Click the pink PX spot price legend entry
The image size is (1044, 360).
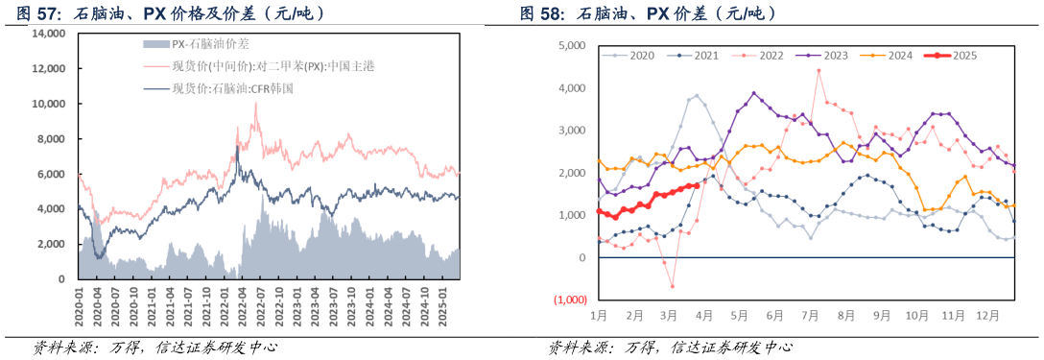point(249,66)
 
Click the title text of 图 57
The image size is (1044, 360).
point(163,13)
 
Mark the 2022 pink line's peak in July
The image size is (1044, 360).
point(819,70)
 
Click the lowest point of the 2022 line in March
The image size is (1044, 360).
point(672,286)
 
